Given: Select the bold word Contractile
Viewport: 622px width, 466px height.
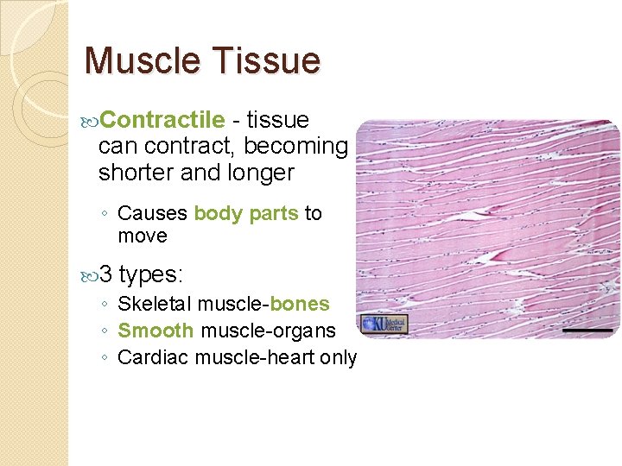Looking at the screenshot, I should click(x=168, y=120).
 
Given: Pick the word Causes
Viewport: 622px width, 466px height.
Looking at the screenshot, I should click(x=153, y=213).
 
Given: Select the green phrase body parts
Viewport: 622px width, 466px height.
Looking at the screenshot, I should click(x=246, y=213).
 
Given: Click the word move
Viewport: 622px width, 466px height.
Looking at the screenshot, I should click(x=143, y=236).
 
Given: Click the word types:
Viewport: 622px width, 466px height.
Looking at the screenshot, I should click(x=151, y=275).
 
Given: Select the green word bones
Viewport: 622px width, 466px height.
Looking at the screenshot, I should click(x=300, y=304).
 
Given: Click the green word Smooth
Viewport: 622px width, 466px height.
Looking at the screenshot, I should click(x=155, y=331).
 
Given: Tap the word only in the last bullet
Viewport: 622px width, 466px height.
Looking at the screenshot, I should click(x=338, y=357).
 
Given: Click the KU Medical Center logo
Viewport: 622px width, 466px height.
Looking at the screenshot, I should click(x=383, y=325).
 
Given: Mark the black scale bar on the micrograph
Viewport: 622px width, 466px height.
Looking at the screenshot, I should click(x=587, y=330).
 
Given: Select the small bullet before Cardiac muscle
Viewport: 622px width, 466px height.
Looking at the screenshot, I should click(x=104, y=358).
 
